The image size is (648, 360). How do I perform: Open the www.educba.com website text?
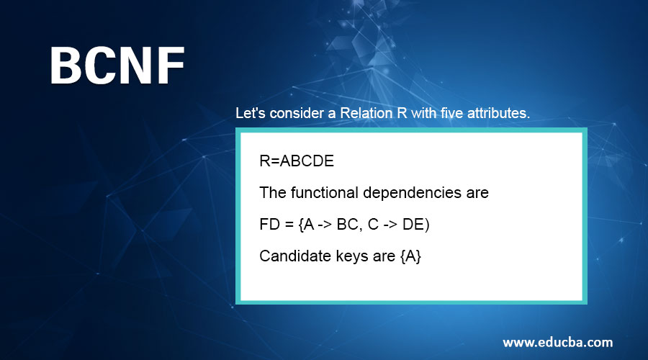coord(557,341)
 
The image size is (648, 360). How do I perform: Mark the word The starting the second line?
coord(271,193)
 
